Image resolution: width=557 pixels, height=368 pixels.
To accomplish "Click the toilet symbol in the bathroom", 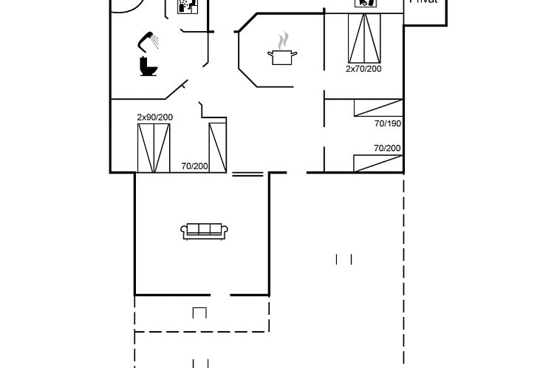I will point(148,66).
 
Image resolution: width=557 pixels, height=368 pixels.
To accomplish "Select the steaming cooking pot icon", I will point(282,53).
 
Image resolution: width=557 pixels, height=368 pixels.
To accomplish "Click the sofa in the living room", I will point(205,231).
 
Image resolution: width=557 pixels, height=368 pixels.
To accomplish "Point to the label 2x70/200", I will point(363,69).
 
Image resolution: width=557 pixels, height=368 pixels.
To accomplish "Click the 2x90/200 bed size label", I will point(154,117).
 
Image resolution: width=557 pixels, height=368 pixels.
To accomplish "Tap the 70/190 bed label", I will point(388,123).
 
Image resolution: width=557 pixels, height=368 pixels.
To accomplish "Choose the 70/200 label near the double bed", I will point(194,166).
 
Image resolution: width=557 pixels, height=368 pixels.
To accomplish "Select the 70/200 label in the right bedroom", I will point(387,148).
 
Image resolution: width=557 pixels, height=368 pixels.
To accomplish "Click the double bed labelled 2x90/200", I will point(154,147).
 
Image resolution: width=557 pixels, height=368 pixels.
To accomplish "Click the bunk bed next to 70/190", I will point(377,108).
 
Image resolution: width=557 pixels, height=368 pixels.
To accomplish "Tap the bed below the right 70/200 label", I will point(377,163).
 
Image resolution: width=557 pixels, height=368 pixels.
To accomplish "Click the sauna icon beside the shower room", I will point(188,7).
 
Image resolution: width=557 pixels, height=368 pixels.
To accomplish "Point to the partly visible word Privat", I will point(424,2).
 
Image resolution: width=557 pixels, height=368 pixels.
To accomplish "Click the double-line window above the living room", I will point(247,174).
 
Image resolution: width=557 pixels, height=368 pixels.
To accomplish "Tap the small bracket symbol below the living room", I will point(199,312).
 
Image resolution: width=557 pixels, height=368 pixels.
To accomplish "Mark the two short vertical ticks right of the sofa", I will point(344,259).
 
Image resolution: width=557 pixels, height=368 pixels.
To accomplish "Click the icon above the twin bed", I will point(366,3).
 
